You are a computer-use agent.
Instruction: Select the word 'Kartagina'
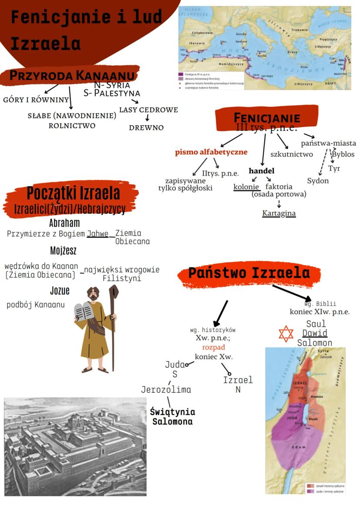279,213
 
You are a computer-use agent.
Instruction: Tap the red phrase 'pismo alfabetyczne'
211,152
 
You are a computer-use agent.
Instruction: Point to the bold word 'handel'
261,171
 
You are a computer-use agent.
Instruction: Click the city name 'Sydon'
318,181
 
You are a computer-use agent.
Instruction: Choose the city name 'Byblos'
343,154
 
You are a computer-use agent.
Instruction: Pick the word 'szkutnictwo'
291,154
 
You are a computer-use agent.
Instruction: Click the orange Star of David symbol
286,334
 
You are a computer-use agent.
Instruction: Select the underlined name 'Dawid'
315,333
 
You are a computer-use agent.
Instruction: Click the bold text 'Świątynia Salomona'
172,416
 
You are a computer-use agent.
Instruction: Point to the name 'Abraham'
64,223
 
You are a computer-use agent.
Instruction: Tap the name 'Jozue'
60,291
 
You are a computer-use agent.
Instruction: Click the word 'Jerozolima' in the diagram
166,389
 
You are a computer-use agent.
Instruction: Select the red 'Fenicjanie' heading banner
267,118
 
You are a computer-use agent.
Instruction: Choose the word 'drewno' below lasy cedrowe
146,128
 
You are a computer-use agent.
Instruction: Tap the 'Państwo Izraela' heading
249,273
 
